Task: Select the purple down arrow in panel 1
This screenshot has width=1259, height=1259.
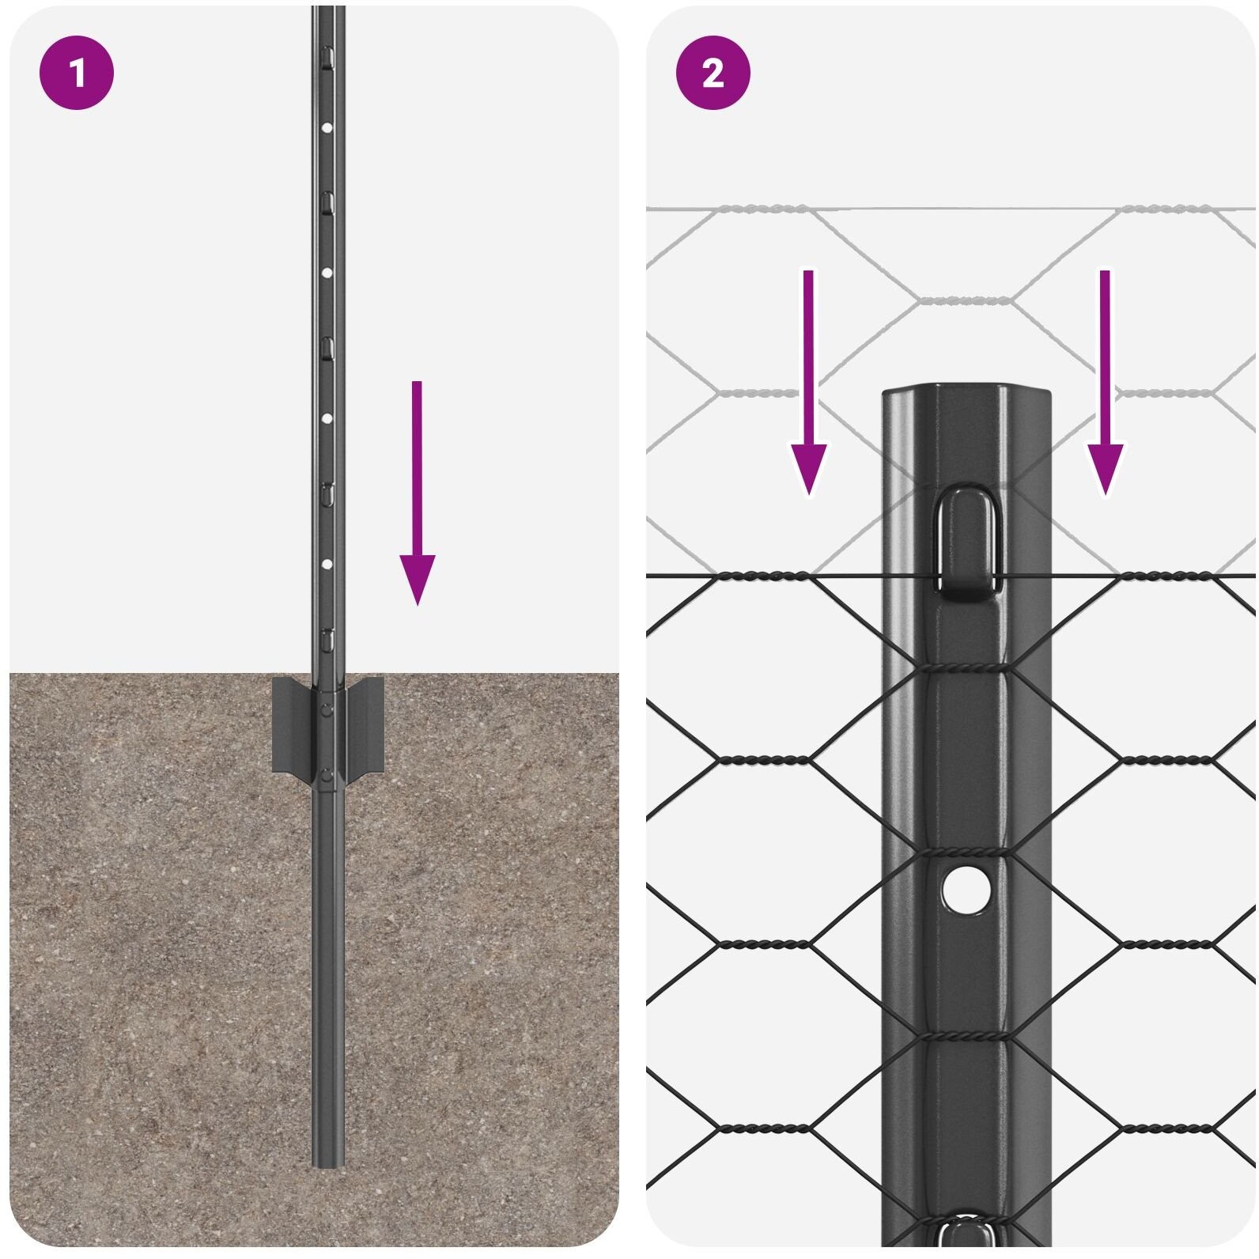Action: pos(417,493)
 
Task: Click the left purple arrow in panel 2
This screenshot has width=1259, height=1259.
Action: pos(808,383)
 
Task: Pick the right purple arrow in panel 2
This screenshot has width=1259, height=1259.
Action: pos(1105,383)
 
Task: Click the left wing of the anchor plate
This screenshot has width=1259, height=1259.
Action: pos(293,724)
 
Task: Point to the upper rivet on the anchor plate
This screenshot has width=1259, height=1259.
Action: pos(327,709)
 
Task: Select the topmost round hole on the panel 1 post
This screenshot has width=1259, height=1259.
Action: pos(327,126)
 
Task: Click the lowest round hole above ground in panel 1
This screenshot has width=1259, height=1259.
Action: pos(327,565)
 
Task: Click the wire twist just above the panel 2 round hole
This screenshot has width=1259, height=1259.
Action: pos(966,853)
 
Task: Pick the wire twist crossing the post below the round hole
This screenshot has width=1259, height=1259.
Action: pos(966,1036)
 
